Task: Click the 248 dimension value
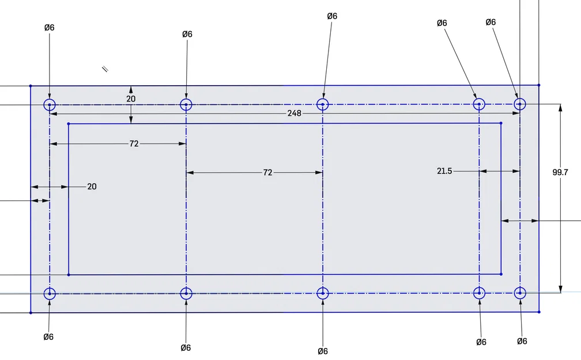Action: pyautogui.click(x=294, y=113)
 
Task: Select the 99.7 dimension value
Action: pyautogui.click(x=560, y=172)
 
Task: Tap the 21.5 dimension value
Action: pyautogui.click(x=444, y=171)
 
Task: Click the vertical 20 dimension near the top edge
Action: pyautogui.click(x=131, y=99)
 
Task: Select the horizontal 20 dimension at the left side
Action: pyautogui.click(x=92, y=187)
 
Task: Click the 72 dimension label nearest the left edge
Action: pyautogui.click(x=134, y=143)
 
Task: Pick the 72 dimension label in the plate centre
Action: pyautogui.click(x=267, y=173)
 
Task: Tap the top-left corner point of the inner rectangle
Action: pyautogui.click(x=69, y=124)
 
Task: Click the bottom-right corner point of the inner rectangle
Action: pyautogui.click(x=501, y=274)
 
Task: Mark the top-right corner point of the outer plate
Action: pyautogui.click(x=539, y=85)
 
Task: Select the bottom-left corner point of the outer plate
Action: pyautogui.click(x=31, y=313)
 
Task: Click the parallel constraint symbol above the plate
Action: pyautogui.click(x=105, y=69)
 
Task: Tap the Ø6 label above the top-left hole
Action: pyautogui.click(x=50, y=28)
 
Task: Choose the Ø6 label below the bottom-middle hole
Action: pyautogui.click(x=323, y=351)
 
